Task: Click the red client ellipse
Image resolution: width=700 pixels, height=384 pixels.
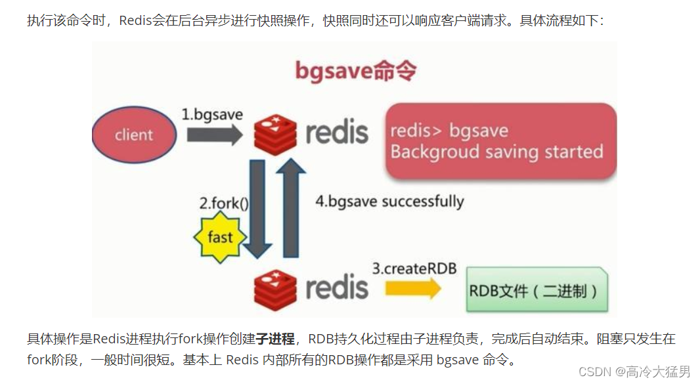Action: tap(134, 135)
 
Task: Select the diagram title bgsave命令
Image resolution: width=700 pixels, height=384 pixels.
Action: tap(355, 70)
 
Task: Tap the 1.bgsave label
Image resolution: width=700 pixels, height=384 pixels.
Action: tap(212, 114)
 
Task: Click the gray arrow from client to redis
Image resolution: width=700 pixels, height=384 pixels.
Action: tap(213, 135)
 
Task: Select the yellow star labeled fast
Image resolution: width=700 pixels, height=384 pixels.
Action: tap(219, 236)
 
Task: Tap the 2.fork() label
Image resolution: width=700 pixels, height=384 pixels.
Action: tap(224, 203)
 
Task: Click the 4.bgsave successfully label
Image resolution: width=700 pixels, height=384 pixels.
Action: tap(389, 202)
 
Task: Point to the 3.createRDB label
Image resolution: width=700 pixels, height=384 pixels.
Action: tap(414, 269)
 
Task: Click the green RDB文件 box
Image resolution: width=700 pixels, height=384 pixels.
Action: tap(536, 290)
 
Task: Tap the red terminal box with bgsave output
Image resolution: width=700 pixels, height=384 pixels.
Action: tap(500, 141)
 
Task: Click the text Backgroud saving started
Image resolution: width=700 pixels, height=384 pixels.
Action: tap(496, 152)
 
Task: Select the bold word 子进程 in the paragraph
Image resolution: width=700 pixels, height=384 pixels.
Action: tap(275, 339)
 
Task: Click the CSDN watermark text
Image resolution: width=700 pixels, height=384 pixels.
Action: tap(634, 372)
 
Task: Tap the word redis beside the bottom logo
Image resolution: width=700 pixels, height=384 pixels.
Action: tap(337, 287)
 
